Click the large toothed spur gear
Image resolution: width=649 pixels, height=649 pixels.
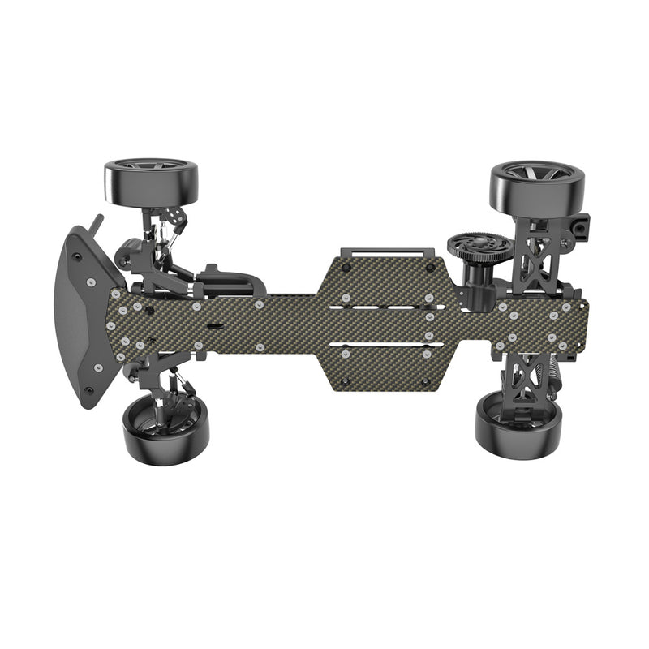coord(478,245)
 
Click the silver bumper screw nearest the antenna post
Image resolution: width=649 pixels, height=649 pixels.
coord(91,281)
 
